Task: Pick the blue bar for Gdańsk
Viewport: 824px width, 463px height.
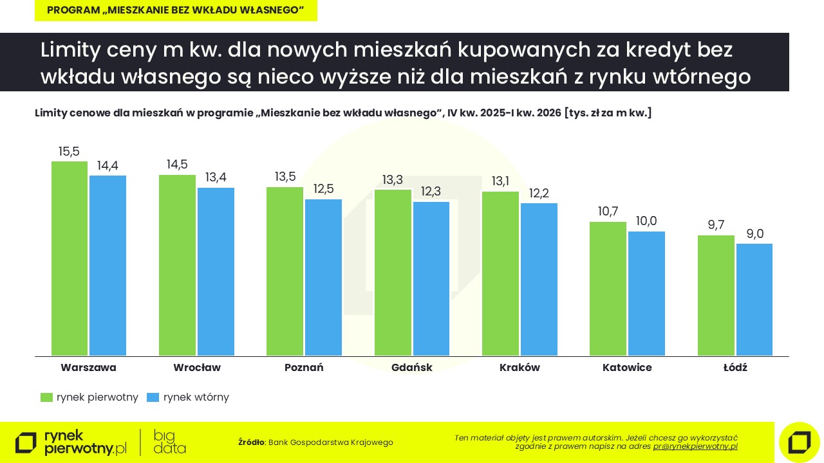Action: [431, 278]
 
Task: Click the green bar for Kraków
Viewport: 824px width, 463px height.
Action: [500, 273]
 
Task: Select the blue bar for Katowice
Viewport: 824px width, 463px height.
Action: [646, 293]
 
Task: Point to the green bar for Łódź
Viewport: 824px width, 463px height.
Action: [716, 295]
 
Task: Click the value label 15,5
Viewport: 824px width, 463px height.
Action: [69, 152]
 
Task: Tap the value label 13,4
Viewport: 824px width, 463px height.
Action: [216, 177]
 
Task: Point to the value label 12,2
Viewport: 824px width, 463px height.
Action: [539, 194]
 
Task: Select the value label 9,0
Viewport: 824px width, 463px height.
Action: [754, 234]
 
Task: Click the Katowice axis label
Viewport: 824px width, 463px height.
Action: [627, 368]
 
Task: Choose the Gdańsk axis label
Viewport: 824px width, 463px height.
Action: [411, 368]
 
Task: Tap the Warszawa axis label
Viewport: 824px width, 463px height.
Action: [88, 368]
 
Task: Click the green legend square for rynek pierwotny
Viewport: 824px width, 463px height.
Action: [46, 397]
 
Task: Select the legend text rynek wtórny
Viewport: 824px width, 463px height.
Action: [196, 397]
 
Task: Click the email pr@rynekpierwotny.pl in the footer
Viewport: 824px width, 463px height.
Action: [695, 446]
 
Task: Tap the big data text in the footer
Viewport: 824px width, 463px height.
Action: [169, 442]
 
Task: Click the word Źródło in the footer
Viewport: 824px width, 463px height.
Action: [251, 442]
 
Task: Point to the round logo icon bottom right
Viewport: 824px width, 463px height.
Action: [799, 442]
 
